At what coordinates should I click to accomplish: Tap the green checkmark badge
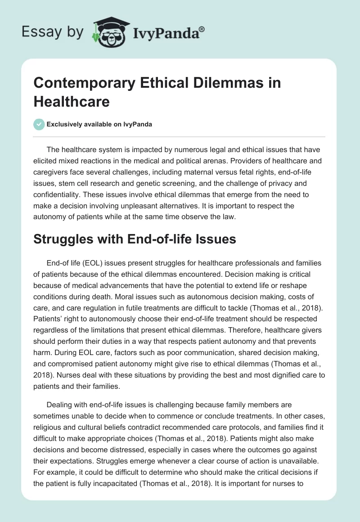tap(39, 124)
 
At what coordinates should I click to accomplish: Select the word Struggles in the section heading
tap(64, 239)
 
